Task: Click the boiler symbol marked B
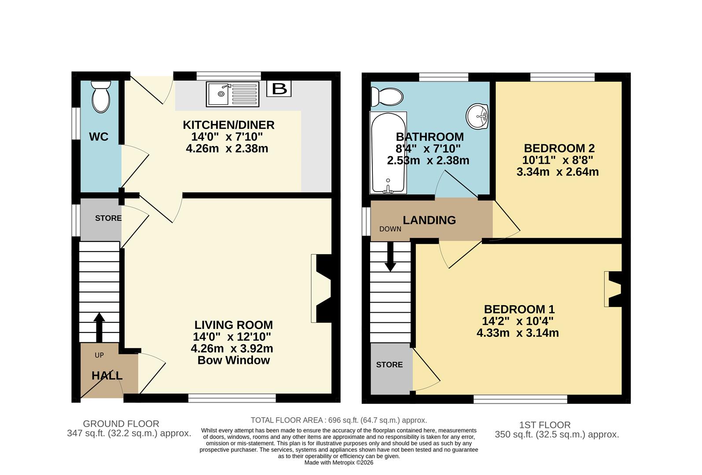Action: [x=279, y=88]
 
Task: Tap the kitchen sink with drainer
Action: [x=233, y=94]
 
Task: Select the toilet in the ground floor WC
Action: [x=101, y=98]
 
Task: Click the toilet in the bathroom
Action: [x=386, y=97]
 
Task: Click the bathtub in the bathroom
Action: [x=388, y=153]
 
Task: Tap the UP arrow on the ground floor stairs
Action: [x=99, y=327]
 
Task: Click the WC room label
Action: [x=99, y=137]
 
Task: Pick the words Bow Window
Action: [x=233, y=360]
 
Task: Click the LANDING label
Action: [x=429, y=220]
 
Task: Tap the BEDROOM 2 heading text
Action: [x=559, y=148]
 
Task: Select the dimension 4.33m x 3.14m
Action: [x=518, y=333]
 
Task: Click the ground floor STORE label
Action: [x=108, y=218]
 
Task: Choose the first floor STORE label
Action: [x=390, y=365]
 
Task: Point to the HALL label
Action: [x=107, y=376]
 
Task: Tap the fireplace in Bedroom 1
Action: [x=613, y=289]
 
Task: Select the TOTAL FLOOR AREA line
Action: [x=338, y=420]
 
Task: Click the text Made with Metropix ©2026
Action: [x=338, y=463]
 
